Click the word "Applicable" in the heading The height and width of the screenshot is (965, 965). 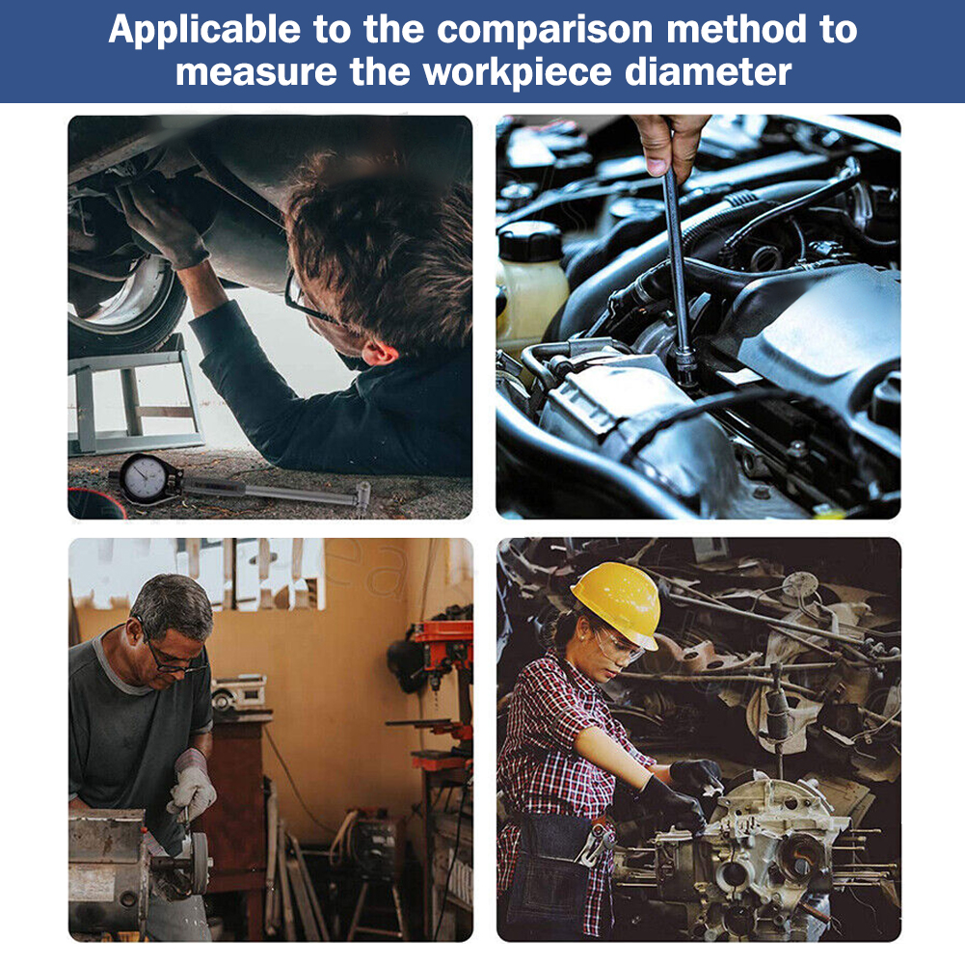coord(204,31)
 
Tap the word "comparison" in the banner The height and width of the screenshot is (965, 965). coord(545,31)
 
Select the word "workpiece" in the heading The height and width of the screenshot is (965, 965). coord(517,72)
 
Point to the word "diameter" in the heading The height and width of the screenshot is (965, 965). coord(708,72)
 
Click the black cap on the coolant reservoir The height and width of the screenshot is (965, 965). coord(529,241)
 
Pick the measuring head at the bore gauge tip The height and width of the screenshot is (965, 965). coord(362,496)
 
